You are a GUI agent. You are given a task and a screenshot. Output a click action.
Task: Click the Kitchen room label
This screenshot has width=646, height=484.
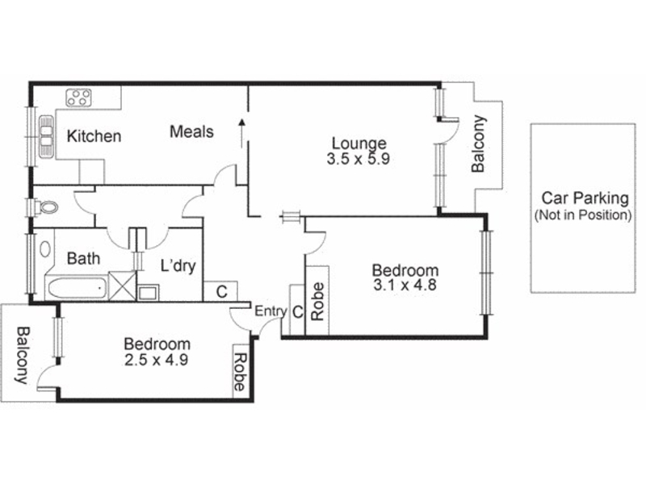(x=94, y=136)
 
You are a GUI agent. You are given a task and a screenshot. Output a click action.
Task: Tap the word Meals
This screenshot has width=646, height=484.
(x=192, y=131)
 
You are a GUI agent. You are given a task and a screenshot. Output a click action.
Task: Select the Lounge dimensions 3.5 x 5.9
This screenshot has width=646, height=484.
(x=359, y=159)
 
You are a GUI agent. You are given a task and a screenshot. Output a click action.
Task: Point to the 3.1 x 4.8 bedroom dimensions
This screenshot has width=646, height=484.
(x=405, y=285)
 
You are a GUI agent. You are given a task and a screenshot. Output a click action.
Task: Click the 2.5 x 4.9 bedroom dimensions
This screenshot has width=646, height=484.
(x=156, y=360)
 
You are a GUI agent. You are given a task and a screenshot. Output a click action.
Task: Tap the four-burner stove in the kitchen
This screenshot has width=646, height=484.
(x=78, y=98)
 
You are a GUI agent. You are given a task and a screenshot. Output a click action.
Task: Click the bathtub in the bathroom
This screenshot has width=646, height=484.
(x=76, y=289)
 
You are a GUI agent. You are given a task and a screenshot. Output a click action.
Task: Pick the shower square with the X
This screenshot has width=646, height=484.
(x=122, y=285)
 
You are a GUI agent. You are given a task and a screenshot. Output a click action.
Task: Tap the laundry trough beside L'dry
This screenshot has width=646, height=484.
(x=148, y=293)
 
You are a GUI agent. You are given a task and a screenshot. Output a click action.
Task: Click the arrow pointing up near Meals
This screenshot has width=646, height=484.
(x=242, y=133)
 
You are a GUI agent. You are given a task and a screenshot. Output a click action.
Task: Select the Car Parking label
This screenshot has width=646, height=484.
(x=585, y=198)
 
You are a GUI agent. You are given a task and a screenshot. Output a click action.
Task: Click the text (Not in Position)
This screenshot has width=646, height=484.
(x=583, y=215)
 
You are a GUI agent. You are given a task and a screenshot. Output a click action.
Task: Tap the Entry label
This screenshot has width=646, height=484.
(x=271, y=311)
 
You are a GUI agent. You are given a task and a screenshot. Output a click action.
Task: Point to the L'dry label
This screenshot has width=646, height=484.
(x=178, y=266)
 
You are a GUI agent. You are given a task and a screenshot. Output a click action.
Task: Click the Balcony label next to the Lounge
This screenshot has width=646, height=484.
(x=479, y=144)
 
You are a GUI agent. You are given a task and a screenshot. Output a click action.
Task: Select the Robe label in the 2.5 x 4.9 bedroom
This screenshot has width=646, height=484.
(x=240, y=372)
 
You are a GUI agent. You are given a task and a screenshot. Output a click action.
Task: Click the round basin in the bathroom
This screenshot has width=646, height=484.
(x=45, y=249)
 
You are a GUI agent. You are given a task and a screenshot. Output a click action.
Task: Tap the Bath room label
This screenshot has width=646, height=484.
(x=84, y=258)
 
